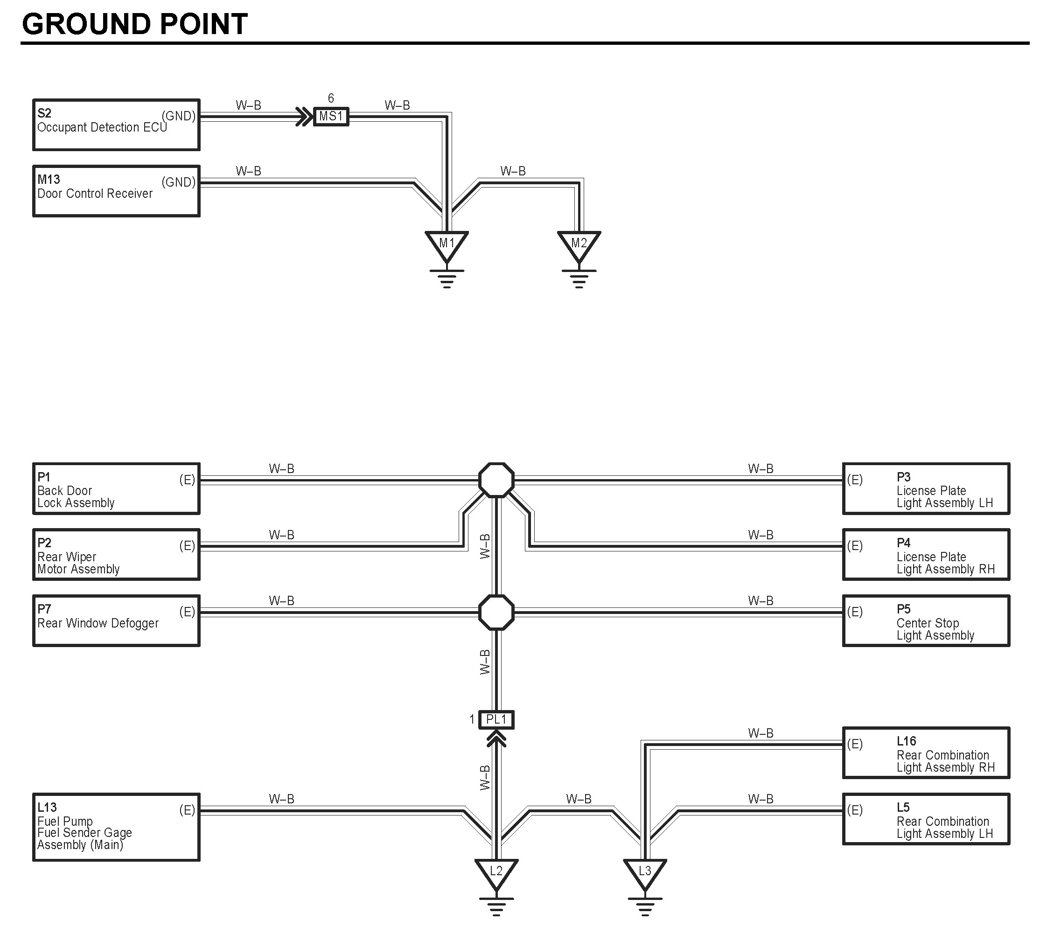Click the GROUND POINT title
coord(134,24)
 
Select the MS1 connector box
coord(331,117)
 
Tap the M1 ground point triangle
coord(447,245)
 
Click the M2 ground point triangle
coord(579,245)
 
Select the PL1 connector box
coord(496,719)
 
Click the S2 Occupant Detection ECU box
coord(116,125)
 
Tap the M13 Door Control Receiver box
coord(116,191)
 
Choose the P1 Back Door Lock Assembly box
coord(116,488)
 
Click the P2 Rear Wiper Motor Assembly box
coord(116,555)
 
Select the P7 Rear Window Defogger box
coord(116,620)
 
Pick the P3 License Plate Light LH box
coord(926,488)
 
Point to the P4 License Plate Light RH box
coord(926,555)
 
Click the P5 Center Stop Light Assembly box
coord(926,620)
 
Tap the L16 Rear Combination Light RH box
coord(926,753)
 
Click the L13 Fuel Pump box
coord(116,827)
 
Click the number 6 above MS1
coord(331,98)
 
